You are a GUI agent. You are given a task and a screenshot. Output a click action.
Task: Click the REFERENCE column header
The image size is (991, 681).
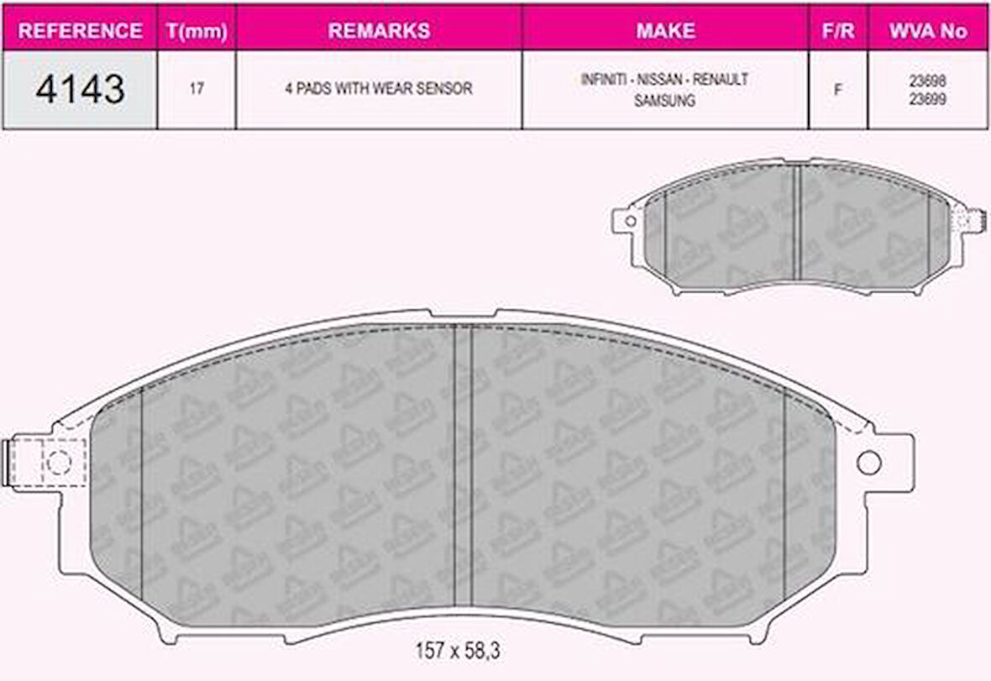tap(80, 31)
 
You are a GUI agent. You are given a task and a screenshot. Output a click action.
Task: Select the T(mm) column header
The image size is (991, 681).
tap(196, 31)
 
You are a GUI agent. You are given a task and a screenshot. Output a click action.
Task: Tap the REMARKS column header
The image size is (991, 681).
tap(379, 31)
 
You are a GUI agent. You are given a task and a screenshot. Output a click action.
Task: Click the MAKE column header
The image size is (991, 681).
tap(665, 31)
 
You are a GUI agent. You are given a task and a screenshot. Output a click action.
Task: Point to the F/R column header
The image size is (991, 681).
tap(837, 31)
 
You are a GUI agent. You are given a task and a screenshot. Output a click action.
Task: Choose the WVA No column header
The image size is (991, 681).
tap(928, 31)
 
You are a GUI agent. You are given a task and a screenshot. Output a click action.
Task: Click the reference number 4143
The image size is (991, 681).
tap(80, 89)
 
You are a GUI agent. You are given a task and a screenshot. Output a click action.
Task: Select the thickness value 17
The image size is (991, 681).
tap(196, 89)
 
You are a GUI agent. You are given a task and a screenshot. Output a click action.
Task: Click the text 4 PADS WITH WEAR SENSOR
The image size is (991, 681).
tap(379, 89)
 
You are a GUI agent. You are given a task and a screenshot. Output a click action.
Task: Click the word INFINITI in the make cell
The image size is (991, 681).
tap(601, 80)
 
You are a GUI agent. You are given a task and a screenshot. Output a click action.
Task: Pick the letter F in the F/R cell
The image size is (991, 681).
tap(837, 90)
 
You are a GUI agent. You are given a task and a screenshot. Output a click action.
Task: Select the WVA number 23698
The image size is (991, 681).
tap(928, 81)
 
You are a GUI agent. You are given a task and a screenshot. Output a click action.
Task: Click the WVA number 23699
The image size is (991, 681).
tap(928, 97)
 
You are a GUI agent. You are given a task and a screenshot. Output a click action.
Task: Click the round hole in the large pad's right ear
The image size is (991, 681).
tap(868, 462)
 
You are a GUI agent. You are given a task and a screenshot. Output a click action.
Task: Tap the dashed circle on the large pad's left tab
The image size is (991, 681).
tap(58, 462)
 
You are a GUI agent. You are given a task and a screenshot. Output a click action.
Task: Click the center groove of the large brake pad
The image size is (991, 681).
tap(463, 466)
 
